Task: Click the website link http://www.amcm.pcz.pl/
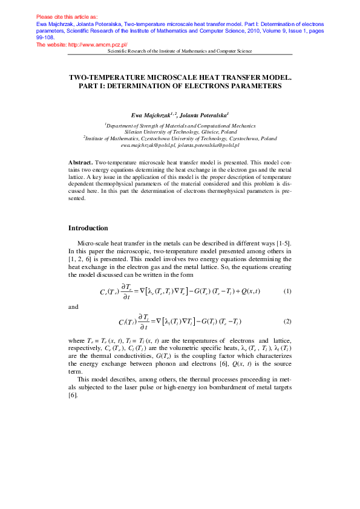click(93, 45)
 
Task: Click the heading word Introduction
click(88, 228)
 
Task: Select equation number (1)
click(287, 291)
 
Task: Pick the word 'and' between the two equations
click(73, 307)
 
